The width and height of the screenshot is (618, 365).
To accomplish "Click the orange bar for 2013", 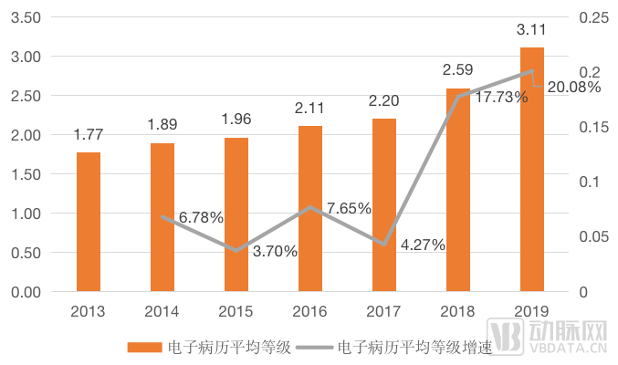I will click(x=89, y=222).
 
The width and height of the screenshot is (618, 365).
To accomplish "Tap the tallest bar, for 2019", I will click(x=532, y=169).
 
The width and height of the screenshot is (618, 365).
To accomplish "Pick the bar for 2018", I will click(x=458, y=190).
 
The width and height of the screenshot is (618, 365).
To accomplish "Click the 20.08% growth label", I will click(x=574, y=88).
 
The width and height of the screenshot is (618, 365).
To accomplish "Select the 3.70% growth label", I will click(x=274, y=252).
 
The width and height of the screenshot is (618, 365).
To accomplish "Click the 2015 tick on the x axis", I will click(x=236, y=311).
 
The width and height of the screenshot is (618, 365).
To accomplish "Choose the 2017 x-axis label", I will click(x=384, y=311).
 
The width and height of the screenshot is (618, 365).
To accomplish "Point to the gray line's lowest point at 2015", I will click(x=236, y=250).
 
